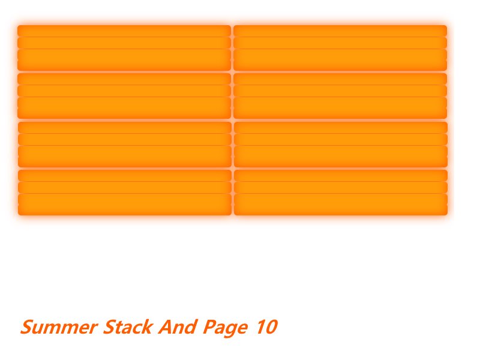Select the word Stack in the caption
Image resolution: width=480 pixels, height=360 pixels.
(128, 328)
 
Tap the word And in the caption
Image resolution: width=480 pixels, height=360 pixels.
(177, 328)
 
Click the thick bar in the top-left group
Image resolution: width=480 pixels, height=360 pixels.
(124, 59)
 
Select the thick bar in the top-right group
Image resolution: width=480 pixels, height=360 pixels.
(340, 59)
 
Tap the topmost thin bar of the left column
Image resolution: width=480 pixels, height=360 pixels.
(124, 31)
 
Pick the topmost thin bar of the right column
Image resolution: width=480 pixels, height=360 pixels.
(340, 31)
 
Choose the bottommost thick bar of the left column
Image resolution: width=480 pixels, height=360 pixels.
(124, 204)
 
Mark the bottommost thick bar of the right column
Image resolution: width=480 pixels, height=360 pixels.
(340, 204)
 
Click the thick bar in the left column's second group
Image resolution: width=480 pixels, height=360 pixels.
(124, 107)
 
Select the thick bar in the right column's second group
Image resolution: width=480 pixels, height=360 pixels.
(340, 107)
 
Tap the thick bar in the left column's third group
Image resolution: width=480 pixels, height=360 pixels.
(124, 156)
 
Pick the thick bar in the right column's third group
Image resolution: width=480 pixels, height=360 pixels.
(340, 156)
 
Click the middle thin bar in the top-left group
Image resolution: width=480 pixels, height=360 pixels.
(124, 43)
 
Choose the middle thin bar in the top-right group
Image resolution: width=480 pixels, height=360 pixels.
(340, 43)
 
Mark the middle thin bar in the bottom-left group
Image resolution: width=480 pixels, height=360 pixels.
(124, 187)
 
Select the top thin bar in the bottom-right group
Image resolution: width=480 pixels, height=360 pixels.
(340, 175)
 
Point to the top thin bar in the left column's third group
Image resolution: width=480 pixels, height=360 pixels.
(124, 127)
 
